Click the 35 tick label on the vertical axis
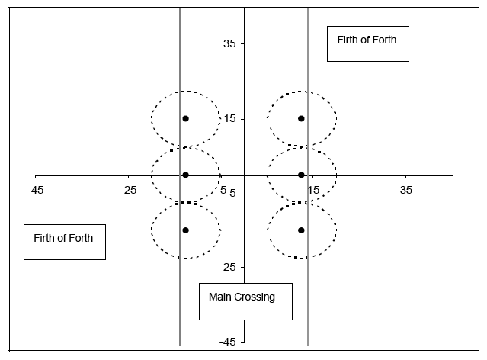pyautogui.click(x=228, y=44)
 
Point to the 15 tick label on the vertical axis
pyautogui.click(x=228, y=119)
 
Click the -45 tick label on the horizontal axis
pyautogui.click(x=35, y=189)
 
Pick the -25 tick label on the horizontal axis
pyautogui.click(x=128, y=189)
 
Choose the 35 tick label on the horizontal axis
pyautogui.click(x=406, y=189)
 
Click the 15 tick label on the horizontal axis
pyautogui.click(x=313, y=189)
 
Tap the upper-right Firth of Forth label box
pyautogui.click(x=368, y=43)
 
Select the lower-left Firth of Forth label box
pyautogui.click(x=64, y=242)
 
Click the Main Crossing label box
pyautogui.click(x=245, y=301)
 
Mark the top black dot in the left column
pyautogui.click(x=185, y=118)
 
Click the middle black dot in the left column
pyautogui.click(x=185, y=175)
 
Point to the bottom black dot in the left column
pyautogui.click(x=185, y=230)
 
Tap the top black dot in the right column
pyautogui.click(x=301, y=118)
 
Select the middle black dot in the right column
pyautogui.click(x=301, y=175)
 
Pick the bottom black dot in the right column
pyautogui.click(x=301, y=230)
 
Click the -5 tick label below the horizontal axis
pyautogui.click(x=226, y=192)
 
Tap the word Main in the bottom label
pyautogui.click(x=221, y=297)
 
